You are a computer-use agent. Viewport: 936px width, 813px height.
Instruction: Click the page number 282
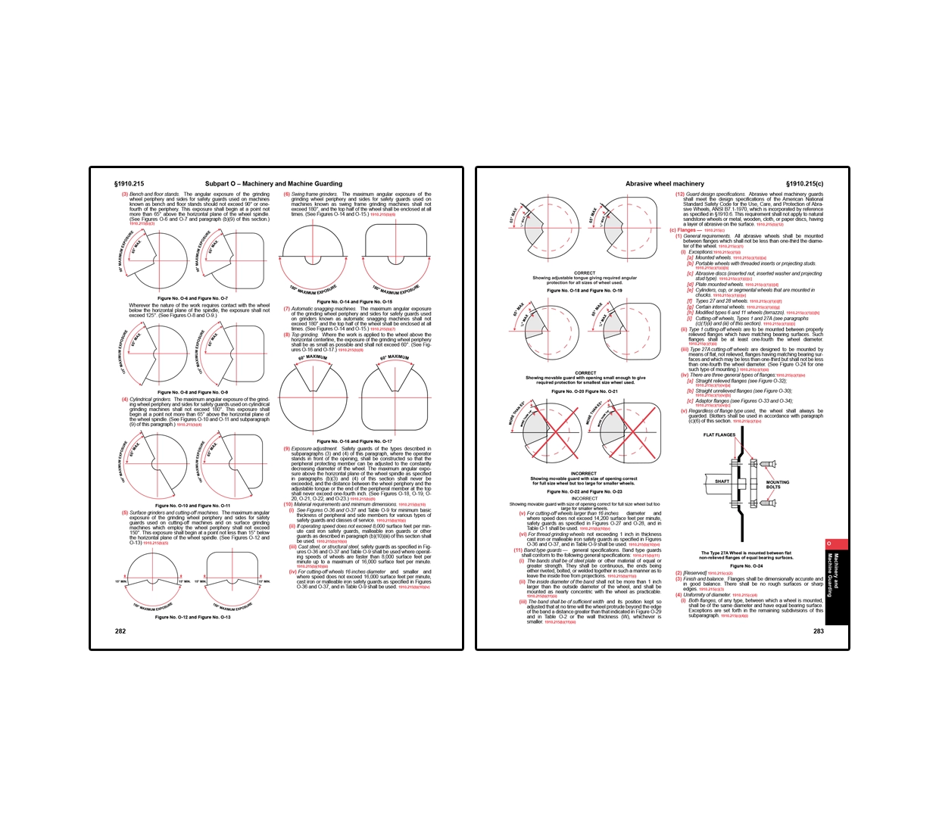point(120,631)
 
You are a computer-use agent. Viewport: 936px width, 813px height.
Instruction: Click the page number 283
point(818,631)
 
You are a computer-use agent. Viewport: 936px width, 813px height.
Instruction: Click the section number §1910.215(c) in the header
point(804,184)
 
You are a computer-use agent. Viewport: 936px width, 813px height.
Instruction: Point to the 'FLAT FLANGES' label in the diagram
point(719,435)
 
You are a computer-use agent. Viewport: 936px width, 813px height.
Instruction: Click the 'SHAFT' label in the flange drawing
point(722,481)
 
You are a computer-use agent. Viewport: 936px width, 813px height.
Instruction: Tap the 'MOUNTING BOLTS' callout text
point(778,484)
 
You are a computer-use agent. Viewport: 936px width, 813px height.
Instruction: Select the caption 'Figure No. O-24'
point(746,565)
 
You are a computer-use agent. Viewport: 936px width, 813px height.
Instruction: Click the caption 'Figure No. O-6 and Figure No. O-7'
point(192,298)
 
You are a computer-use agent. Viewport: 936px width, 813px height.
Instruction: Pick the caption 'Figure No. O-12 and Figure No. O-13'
point(192,617)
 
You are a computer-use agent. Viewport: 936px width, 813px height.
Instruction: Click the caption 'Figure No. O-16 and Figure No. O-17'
point(354,441)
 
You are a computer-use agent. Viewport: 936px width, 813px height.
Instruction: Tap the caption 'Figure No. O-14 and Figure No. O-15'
point(354,301)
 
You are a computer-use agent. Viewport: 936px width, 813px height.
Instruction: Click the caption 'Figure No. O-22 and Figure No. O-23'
point(584,491)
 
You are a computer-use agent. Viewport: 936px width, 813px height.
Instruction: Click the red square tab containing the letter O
point(828,544)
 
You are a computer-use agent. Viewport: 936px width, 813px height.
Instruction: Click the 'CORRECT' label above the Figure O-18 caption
point(585,273)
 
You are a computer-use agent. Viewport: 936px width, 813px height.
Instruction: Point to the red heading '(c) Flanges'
point(685,230)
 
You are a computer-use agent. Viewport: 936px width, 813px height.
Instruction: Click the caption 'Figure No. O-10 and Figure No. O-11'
point(192,505)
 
